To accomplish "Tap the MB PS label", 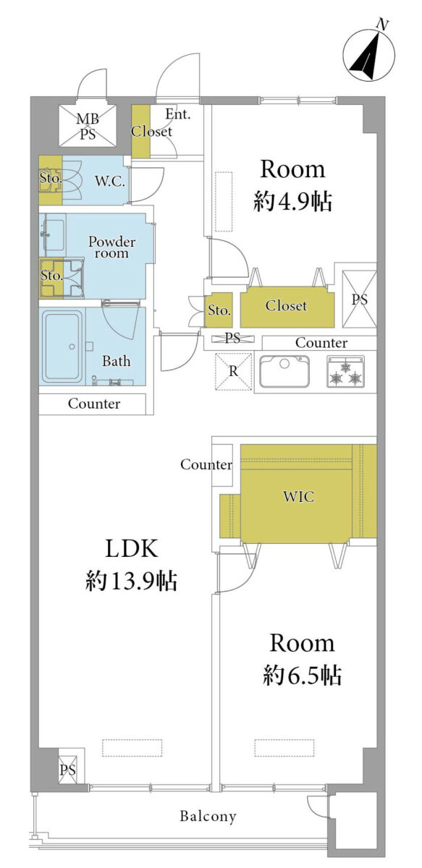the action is click(x=88, y=126).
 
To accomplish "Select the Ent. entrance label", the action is click(x=178, y=114).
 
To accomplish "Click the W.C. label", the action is click(x=110, y=181).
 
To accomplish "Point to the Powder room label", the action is click(x=111, y=247).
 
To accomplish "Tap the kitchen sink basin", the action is click(x=284, y=371).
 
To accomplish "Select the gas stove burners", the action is click(x=346, y=372).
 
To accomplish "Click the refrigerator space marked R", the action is click(x=233, y=371).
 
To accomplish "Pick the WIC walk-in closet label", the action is click(x=298, y=496).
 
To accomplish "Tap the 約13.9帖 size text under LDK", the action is click(x=132, y=581).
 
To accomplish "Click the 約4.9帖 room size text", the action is click(x=292, y=202).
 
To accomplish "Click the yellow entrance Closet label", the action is click(x=151, y=132).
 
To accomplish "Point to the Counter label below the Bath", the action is click(x=94, y=404).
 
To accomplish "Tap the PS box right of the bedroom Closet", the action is click(x=359, y=299).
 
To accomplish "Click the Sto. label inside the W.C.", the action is click(x=51, y=178).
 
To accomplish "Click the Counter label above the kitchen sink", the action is click(x=321, y=343).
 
